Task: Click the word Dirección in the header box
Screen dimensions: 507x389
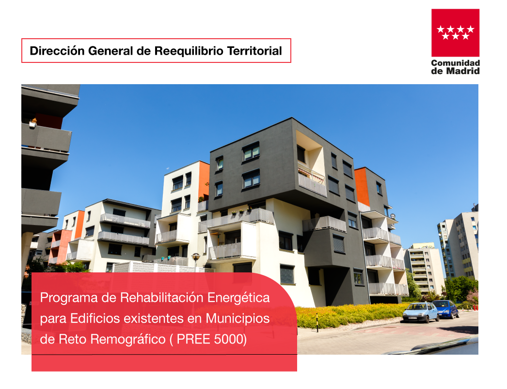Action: pyautogui.click(x=57, y=51)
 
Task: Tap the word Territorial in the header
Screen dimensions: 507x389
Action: pyautogui.click(x=254, y=51)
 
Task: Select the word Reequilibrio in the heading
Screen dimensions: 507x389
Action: pyautogui.click(x=189, y=51)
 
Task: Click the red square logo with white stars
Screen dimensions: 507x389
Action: pyautogui.click(x=455, y=32)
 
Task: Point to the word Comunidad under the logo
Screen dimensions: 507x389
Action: pyautogui.click(x=456, y=63)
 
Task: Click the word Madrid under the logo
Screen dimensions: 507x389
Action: pyautogui.click(x=463, y=71)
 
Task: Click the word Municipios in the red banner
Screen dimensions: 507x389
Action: pyautogui.click(x=238, y=319)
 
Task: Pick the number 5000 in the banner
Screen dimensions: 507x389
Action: pyautogui.click(x=231, y=339)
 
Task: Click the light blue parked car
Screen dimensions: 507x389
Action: pyautogui.click(x=420, y=313)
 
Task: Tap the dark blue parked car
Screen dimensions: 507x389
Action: pyautogui.click(x=446, y=309)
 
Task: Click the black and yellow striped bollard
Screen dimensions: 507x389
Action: pyautogui.click(x=317, y=323)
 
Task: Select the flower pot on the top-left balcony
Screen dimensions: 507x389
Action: pyautogui.click(x=33, y=123)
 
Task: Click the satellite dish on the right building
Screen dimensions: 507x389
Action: pyautogui.click(x=393, y=216)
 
